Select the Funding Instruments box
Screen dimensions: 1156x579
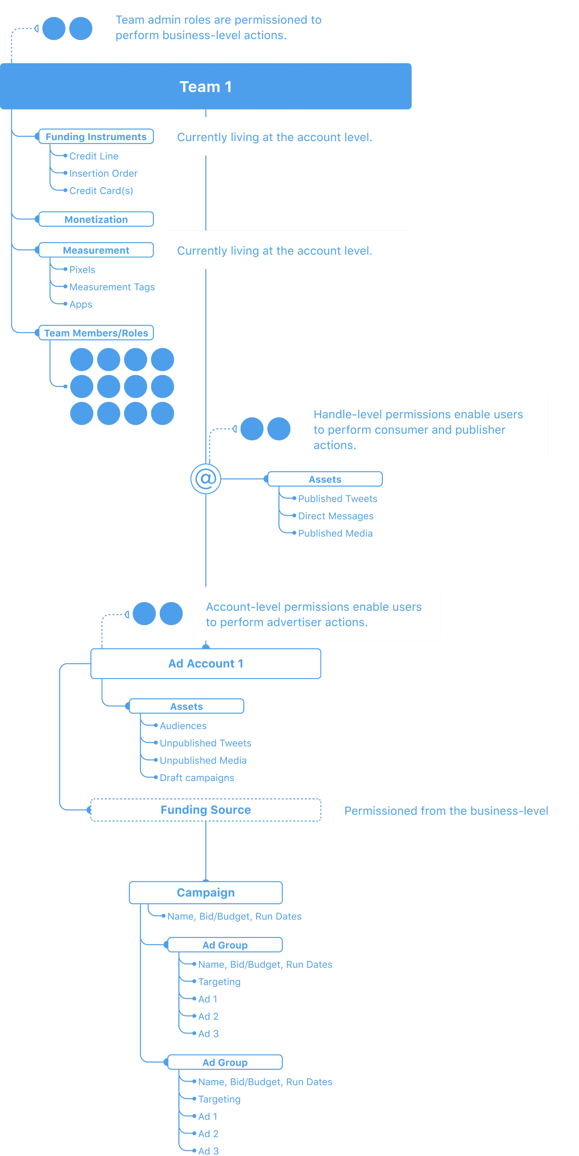tap(96, 136)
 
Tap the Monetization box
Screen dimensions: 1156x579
tap(96, 220)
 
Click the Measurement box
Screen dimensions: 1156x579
tap(96, 250)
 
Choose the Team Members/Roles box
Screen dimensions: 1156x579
tap(96, 333)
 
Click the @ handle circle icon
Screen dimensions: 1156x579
tap(206, 479)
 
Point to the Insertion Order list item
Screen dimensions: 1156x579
tap(103, 173)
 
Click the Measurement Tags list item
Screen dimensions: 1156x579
tap(112, 287)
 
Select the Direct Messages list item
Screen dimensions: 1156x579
tap(335, 516)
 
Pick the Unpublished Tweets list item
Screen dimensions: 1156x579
tap(205, 743)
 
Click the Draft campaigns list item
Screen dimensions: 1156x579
tap(197, 778)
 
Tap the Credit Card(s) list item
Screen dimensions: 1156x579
tap(101, 191)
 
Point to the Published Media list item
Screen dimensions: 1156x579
tap(335, 533)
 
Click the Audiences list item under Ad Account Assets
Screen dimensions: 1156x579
tap(183, 726)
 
